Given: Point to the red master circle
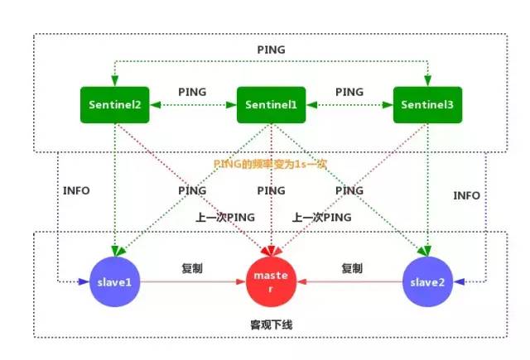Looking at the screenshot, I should [270, 281].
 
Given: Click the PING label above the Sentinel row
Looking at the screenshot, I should [270, 50].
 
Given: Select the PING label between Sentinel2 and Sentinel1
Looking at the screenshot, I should [193, 90].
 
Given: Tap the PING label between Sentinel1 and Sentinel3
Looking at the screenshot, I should [348, 90].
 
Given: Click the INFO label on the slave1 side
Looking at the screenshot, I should [76, 191].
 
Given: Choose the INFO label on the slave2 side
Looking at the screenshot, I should [466, 196].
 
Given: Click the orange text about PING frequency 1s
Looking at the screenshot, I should [271, 164].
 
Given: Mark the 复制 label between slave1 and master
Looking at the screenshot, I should [193, 268].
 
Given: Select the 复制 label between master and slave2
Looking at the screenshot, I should [352, 268].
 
